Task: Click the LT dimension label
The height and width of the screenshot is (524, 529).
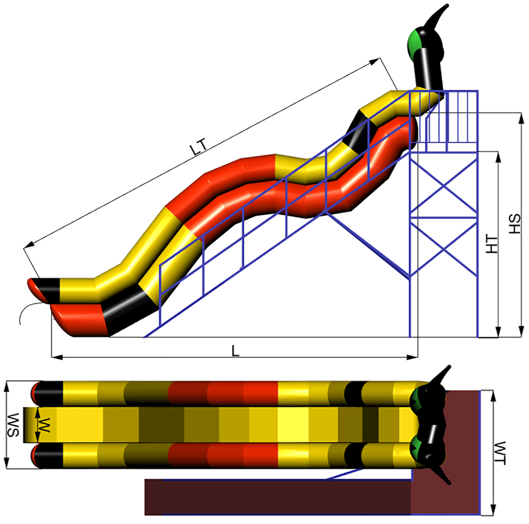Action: coord(198,148)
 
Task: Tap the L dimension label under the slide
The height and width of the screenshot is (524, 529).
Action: coord(236,351)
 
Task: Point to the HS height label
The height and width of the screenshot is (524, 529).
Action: coord(515,224)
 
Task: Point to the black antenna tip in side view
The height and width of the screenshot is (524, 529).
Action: coord(447,5)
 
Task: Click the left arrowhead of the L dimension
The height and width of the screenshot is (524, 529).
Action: coord(57,357)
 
